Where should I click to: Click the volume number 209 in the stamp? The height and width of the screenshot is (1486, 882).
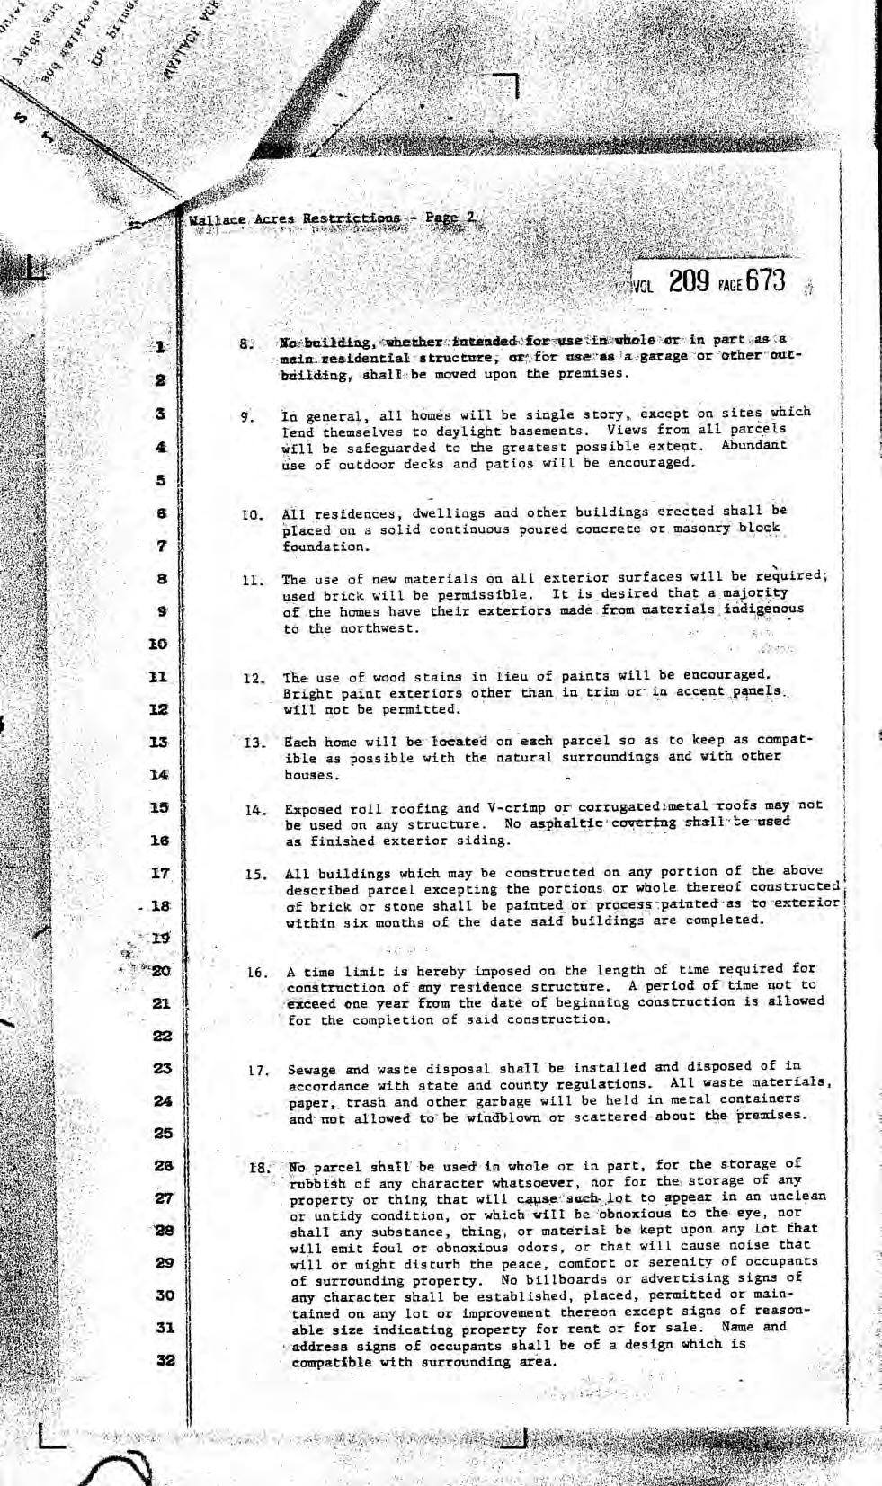pos(690,281)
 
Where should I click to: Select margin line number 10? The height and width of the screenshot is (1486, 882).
pos(158,645)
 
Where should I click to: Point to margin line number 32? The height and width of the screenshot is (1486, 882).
pos(164,1360)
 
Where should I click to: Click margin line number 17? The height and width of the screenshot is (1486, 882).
pos(160,873)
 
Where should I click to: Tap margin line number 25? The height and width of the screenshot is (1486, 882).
pos(163,1133)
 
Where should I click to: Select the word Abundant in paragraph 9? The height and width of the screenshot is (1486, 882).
pos(753,445)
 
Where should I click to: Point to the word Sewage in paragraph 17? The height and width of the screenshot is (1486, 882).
pos(312,1070)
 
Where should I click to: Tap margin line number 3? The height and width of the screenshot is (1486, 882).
pos(160,414)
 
